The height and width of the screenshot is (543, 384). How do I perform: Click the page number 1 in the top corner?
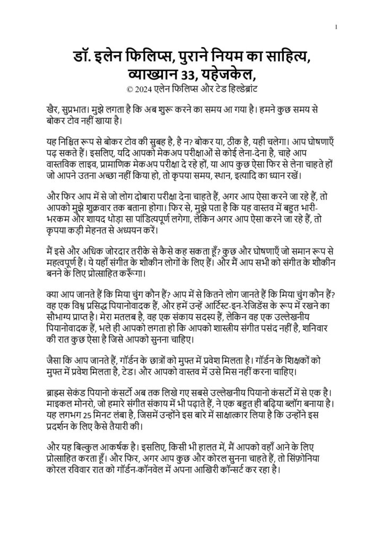(337, 26)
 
